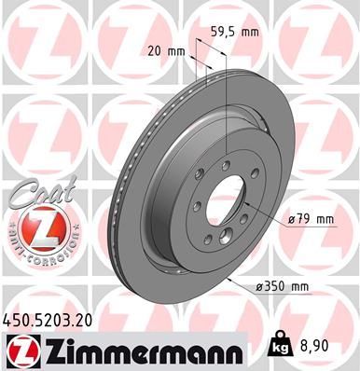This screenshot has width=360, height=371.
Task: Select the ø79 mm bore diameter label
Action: [x=312, y=220]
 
